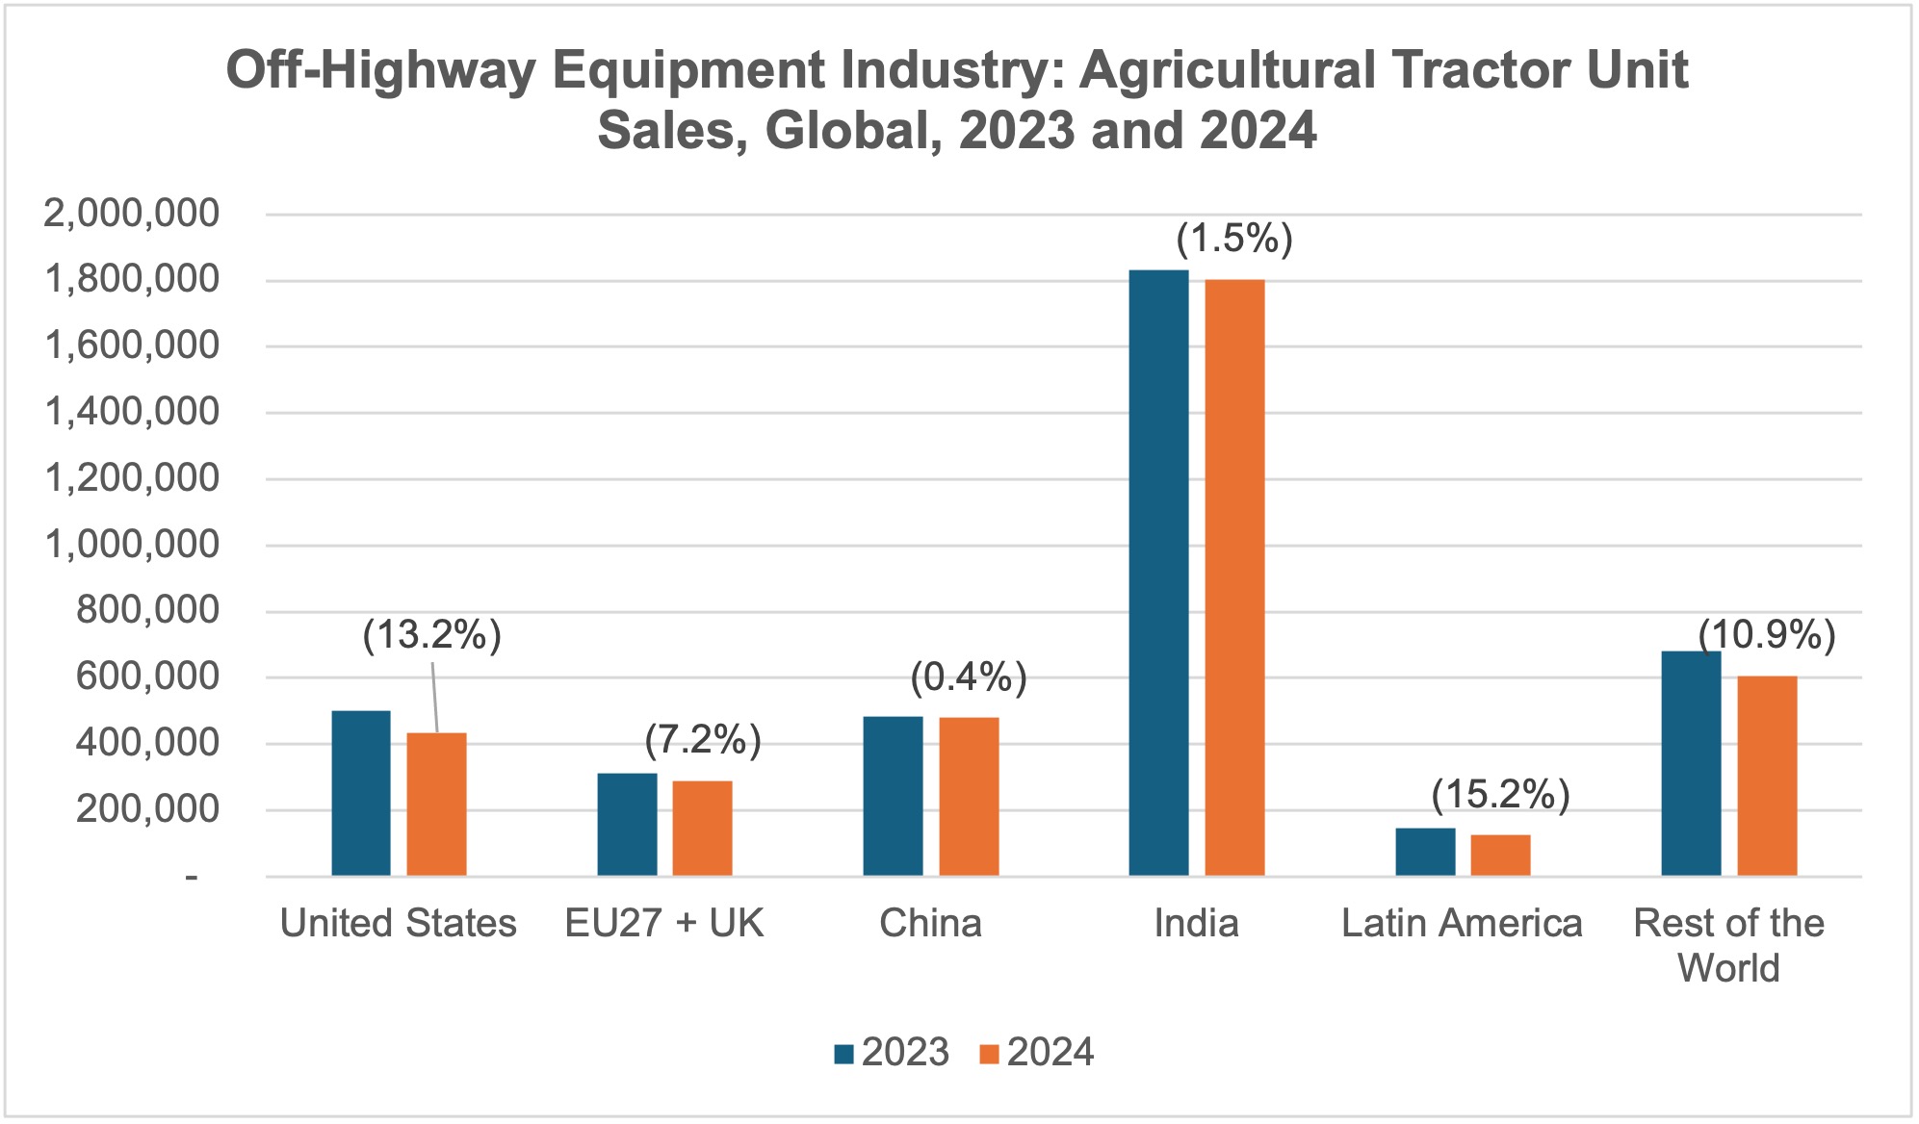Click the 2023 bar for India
tap(1158, 573)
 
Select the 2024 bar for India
tap(1234, 577)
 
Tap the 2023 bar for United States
tap(361, 793)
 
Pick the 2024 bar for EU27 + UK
tap(702, 828)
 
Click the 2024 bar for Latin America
tap(1500, 855)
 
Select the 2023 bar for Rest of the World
tap(1691, 763)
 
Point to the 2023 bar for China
tap(893, 796)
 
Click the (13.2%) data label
tap(432, 636)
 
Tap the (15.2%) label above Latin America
tap(1500, 795)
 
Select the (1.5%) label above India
tap(1234, 239)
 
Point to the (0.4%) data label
tap(969, 678)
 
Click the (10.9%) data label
tap(1767, 636)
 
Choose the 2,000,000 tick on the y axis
tap(132, 214)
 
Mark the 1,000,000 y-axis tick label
tap(132, 545)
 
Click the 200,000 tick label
tap(147, 809)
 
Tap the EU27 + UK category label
tap(663, 924)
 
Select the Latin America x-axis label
tap(1462, 924)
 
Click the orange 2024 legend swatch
tap(990, 1054)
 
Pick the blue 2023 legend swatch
tap(844, 1054)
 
